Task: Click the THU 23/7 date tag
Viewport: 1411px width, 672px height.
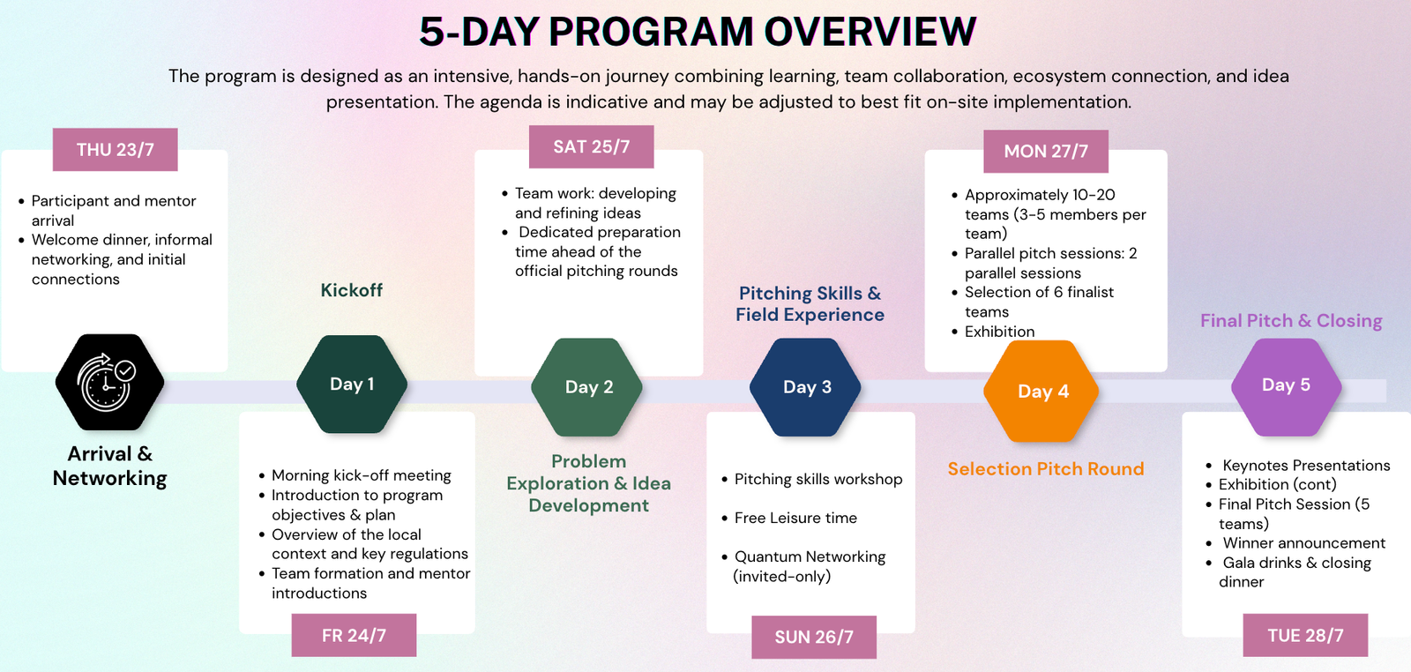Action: click(116, 149)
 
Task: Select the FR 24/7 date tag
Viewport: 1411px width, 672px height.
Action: click(354, 635)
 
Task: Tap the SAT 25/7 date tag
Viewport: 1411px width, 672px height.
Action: click(592, 146)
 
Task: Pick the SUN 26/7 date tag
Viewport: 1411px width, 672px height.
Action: click(814, 637)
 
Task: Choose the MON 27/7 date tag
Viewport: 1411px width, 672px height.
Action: click(1046, 151)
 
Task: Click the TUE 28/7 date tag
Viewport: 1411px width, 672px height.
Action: click(1305, 635)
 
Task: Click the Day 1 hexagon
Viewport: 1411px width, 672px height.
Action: click(352, 385)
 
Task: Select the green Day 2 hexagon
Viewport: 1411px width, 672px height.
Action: click(587, 386)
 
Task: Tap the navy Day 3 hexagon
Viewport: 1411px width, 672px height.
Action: click(806, 386)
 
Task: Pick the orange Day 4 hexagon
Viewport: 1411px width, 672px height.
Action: click(1041, 391)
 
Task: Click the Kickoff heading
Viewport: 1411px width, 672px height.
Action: click(352, 290)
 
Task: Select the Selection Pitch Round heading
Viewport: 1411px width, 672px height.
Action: click(1046, 468)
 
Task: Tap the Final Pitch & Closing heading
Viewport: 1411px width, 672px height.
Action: click(1291, 321)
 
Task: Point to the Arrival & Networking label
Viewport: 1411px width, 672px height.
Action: click(109, 466)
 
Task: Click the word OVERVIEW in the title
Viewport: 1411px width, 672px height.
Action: click(870, 32)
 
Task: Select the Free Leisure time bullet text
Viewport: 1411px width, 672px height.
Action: click(795, 518)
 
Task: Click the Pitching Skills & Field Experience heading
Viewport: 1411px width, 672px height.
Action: click(810, 303)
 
